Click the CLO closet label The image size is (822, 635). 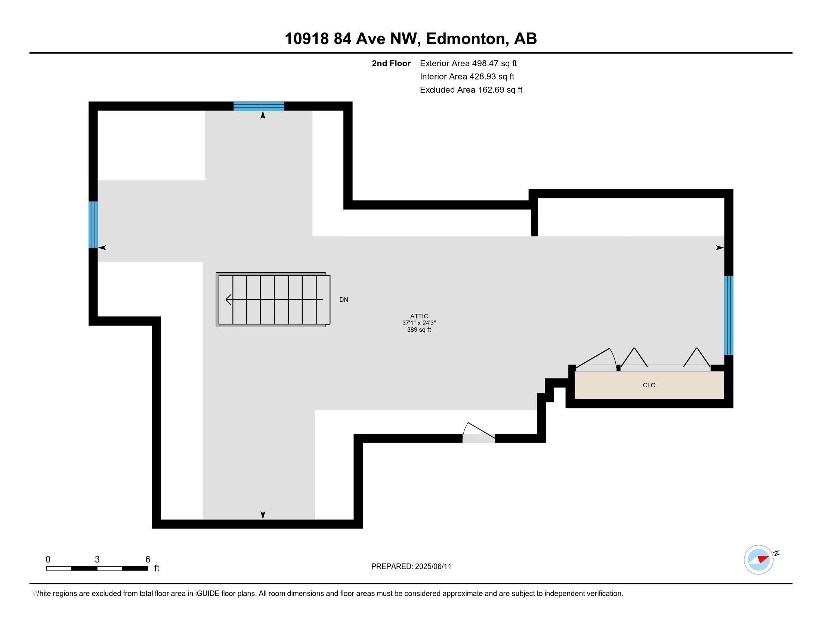[649, 385]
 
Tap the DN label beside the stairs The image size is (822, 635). [344, 300]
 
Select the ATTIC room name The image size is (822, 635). [419, 316]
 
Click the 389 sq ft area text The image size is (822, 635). [419, 330]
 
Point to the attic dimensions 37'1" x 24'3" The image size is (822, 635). [419, 323]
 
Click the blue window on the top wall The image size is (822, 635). [259, 106]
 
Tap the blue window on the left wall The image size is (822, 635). [93, 224]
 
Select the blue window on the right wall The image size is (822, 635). [729, 315]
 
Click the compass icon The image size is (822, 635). [758, 560]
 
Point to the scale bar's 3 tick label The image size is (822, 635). [97, 560]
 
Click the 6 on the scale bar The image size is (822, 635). [148, 560]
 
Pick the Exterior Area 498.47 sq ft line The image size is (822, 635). [468, 63]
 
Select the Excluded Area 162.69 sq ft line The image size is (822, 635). [471, 90]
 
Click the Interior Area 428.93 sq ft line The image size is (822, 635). [467, 77]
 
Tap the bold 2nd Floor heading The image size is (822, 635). [391, 63]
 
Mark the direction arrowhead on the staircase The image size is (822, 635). [228, 300]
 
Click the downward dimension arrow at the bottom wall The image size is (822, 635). [263, 515]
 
